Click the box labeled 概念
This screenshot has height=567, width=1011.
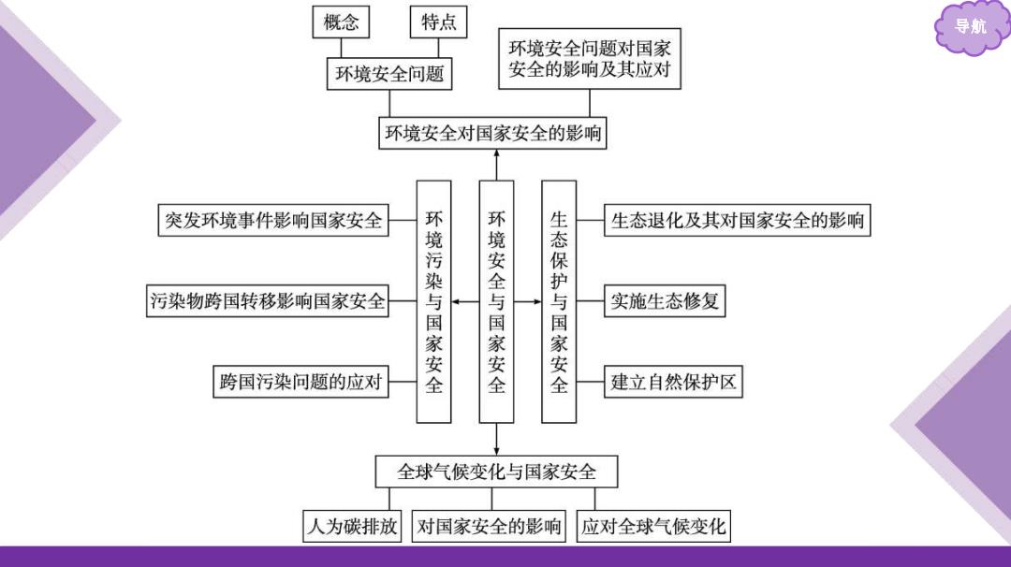tap(341, 22)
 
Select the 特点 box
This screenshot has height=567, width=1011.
tap(438, 22)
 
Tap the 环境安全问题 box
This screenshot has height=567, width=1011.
tap(389, 74)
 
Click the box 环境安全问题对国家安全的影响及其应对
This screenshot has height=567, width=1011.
tap(590, 59)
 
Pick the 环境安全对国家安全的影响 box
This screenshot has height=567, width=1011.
tap(492, 133)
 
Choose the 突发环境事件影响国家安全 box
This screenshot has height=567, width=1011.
tap(273, 221)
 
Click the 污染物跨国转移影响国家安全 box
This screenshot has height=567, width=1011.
tap(268, 301)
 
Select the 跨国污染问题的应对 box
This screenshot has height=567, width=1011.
tap(300, 382)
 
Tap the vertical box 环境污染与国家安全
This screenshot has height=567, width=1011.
tap(434, 301)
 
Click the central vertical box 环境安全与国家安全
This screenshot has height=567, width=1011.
tap(496, 301)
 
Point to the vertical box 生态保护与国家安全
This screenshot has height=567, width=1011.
tap(559, 301)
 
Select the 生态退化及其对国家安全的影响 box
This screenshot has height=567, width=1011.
tap(737, 221)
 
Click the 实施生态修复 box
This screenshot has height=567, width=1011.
tap(665, 301)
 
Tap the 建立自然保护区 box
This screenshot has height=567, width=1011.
tap(673, 382)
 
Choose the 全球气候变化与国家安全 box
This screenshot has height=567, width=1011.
tap(496, 472)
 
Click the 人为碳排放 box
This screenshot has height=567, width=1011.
tap(352, 527)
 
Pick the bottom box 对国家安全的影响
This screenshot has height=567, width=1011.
tap(489, 527)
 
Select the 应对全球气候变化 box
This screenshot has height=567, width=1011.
tap(653, 527)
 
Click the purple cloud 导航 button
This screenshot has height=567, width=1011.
tap(971, 27)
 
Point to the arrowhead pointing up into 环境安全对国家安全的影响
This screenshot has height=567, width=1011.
tap(496, 154)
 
